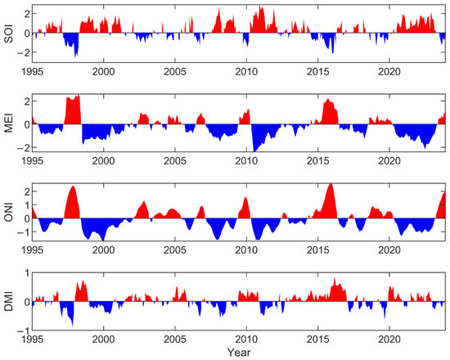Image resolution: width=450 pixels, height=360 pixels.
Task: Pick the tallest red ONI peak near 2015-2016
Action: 330,186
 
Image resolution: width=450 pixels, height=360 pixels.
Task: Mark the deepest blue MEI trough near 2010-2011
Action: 255,150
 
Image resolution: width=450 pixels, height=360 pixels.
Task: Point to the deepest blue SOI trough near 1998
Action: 76,55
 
